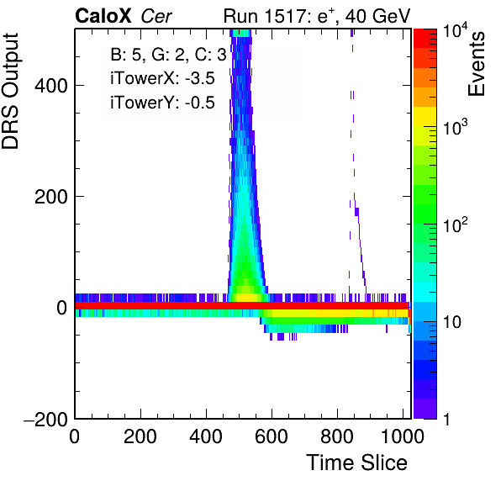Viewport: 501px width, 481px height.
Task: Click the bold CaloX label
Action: point(103,16)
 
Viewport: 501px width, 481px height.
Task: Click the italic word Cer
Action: point(156,16)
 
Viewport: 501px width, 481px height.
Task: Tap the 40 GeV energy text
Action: point(377,16)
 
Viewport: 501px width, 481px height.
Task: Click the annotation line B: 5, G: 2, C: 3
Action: point(168,55)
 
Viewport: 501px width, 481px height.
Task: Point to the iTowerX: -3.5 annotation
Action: point(162,78)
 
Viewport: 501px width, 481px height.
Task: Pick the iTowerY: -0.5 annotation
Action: point(162,103)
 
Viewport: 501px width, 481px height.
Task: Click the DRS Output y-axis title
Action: point(10,91)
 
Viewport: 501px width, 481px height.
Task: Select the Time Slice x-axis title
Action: point(357,462)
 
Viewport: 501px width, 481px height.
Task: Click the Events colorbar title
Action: point(477,64)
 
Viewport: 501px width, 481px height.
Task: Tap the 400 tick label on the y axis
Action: point(51,86)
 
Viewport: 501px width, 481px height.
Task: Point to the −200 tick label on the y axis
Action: point(46,419)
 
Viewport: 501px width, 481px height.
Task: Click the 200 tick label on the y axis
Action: point(51,197)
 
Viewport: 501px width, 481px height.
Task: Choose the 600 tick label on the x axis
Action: point(272,436)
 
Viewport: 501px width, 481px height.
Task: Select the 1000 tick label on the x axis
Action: point(403,436)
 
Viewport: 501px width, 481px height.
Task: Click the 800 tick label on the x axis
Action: point(337,436)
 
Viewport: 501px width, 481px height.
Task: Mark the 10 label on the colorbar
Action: point(452,322)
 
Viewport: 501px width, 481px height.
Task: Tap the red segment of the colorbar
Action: point(425,39)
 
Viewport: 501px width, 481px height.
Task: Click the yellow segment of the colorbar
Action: point(425,116)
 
